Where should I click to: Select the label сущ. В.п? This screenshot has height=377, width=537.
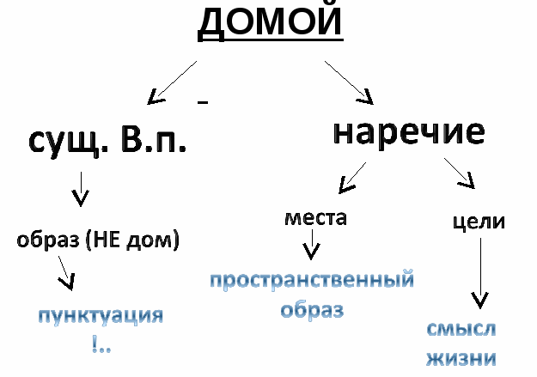pos(107,141)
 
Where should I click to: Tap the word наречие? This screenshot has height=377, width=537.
pos(409,132)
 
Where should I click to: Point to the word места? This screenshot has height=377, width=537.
pos(315,217)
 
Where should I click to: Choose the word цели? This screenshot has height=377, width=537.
pos(478,221)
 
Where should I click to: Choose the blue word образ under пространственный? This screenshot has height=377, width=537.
pos(313,309)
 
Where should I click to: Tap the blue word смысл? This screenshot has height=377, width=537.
pos(461,329)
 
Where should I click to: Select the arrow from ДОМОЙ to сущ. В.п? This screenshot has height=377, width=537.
pos(174,82)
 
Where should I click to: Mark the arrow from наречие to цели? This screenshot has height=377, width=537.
pos(460,173)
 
